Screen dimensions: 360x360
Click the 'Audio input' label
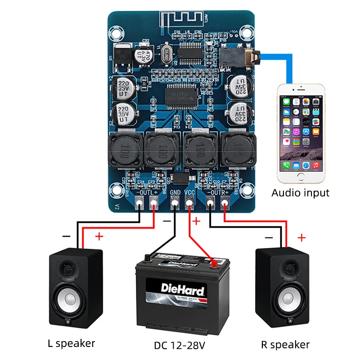[300, 193]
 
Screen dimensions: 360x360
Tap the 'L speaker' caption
[72, 343]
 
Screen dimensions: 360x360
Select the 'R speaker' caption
[285, 345]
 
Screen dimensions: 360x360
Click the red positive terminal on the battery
[215, 261]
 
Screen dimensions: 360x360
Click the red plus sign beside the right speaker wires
[301, 237]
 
